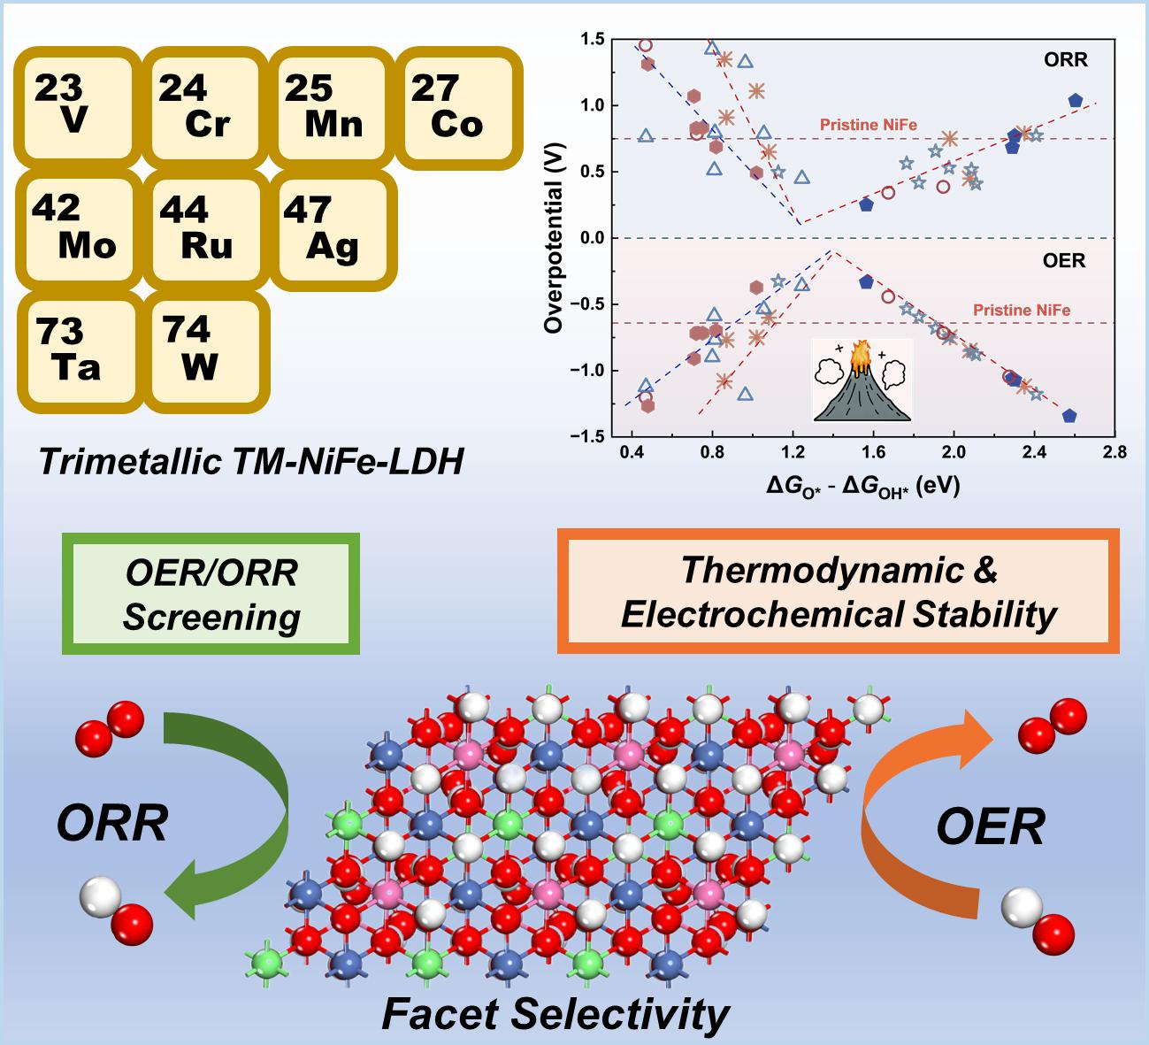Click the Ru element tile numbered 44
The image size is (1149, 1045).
pyautogui.click(x=203, y=227)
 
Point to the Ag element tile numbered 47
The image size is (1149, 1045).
pyautogui.click(x=328, y=227)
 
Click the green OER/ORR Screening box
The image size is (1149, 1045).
pyautogui.click(x=211, y=594)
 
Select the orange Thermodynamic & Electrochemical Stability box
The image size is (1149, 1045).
pyautogui.click(x=838, y=592)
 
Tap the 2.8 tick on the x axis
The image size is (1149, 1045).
pyautogui.click(x=1114, y=452)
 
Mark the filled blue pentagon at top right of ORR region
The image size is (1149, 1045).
pyautogui.click(x=1075, y=101)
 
